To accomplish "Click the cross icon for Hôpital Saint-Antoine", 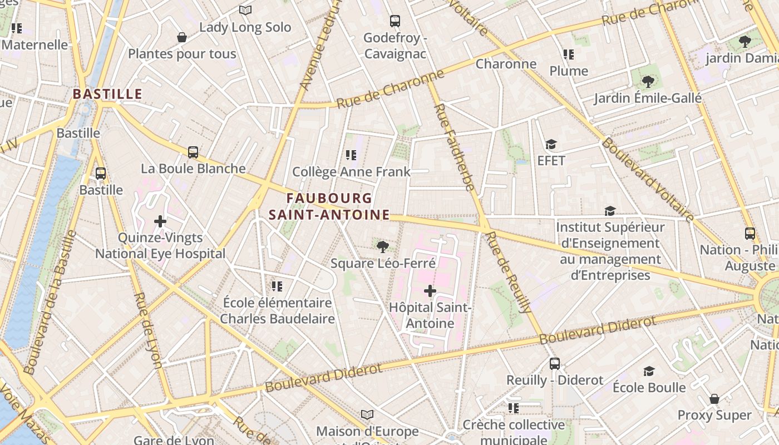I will pos(430,290).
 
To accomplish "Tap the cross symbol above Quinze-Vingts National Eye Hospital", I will pos(160,221).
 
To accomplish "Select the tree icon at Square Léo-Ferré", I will pos(382,246).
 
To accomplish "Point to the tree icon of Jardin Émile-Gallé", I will pos(648,82).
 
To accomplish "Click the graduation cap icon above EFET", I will pos(551,145).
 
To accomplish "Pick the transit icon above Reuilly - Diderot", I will pos(555,364).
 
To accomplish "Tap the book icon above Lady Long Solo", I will pos(245,10).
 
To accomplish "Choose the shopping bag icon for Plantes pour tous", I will pos(181,37).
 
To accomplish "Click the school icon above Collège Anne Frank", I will pos(351,155).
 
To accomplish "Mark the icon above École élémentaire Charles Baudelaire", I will pos(277,286).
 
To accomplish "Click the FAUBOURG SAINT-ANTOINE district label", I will pos(329,206).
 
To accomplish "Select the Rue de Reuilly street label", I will pos(509,273).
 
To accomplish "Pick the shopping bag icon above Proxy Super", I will pos(714,399).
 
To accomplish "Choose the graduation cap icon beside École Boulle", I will pos(649,371).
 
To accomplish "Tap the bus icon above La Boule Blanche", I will pos(193,152).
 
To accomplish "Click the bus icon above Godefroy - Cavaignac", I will pos(395,21).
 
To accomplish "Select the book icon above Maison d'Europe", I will pos(367,414).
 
